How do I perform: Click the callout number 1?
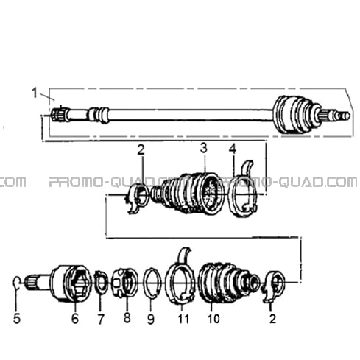coord(35,93)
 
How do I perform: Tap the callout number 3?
coord(203,148)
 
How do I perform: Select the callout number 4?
coord(233,149)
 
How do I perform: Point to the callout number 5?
coord(17,319)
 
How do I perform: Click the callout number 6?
coord(75,319)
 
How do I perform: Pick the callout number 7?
coord(101,319)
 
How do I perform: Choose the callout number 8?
coord(127,317)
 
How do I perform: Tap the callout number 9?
coord(151,319)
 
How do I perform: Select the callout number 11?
coord(183,319)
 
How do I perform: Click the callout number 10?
coord(213,319)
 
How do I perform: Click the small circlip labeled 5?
coord(15,282)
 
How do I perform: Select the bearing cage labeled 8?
coord(124,283)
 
